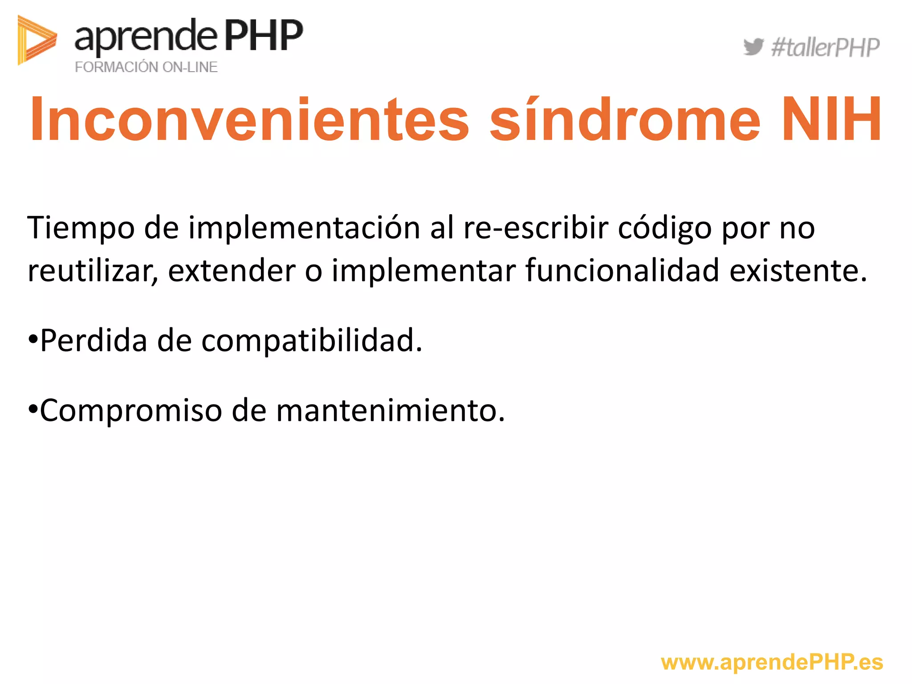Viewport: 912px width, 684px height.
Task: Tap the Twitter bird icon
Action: coord(753,47)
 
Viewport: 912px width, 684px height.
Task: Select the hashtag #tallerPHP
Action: coord(825,48)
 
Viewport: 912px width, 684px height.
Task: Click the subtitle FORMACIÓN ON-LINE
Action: coord(146,67)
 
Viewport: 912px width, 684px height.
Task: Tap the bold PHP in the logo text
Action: coord(263,36)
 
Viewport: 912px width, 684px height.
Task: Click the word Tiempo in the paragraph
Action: coord(81,228)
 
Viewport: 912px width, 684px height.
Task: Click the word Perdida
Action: coord(94,341)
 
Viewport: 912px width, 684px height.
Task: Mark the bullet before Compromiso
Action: coord(33,409)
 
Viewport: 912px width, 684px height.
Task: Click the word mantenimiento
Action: coord(390,410)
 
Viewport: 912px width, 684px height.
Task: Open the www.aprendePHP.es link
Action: coord(772,663)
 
